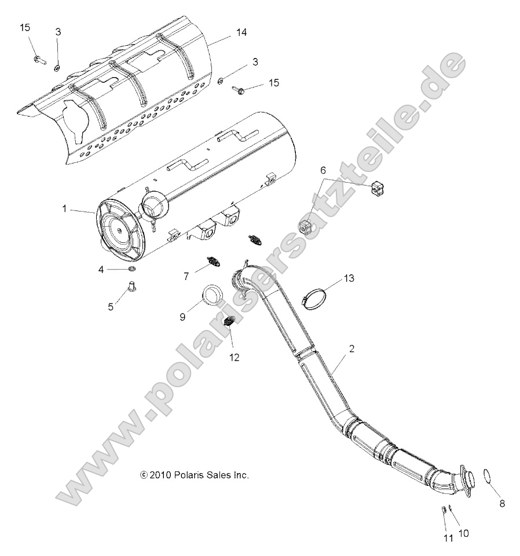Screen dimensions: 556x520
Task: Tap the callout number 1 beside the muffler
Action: [x=65, y=208]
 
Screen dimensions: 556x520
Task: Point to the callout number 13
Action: [x=347, y=279]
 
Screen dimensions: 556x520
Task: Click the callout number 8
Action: [x=501, y=503]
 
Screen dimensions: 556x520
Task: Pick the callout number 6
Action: [x=323, y=170]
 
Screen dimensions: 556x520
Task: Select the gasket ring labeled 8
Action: [x=488, y=477]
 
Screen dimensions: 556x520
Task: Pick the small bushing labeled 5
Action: [x=131, y=286]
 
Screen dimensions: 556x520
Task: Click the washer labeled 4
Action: [x=131, y=270]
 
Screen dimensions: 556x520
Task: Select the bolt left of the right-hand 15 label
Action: [x=240, y=89]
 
